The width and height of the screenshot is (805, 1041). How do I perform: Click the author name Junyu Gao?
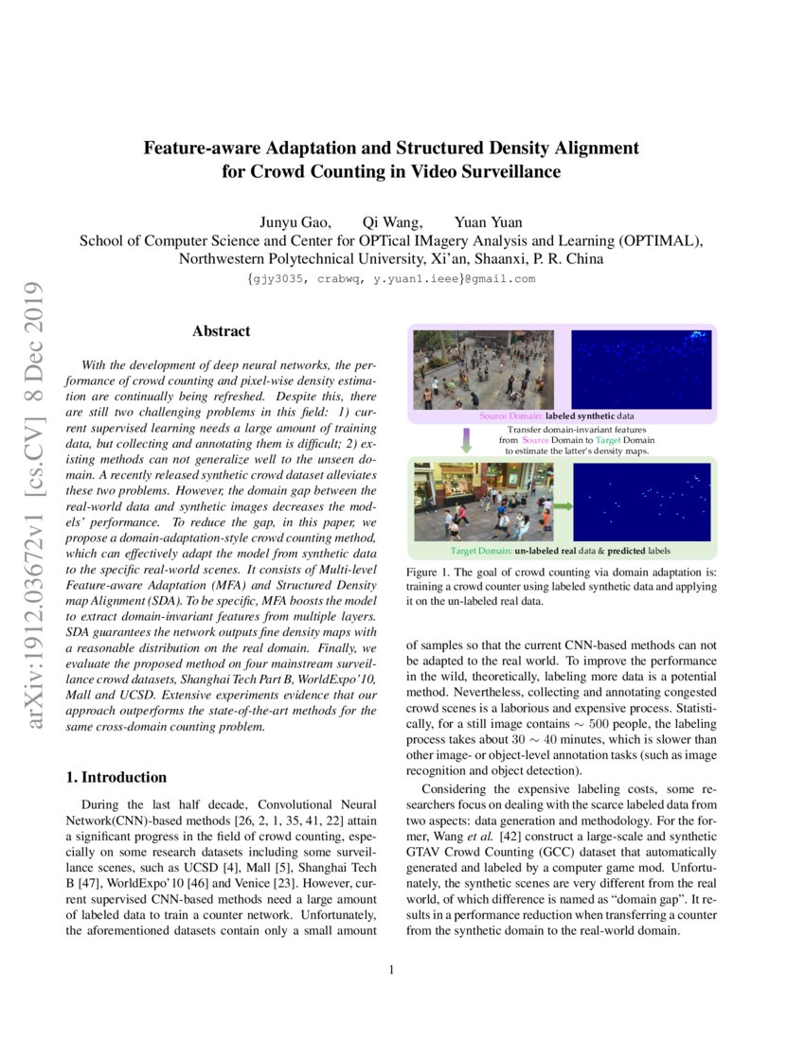click(295, 222)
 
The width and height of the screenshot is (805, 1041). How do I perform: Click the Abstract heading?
click(222, 331)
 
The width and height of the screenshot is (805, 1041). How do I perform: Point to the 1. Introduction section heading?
click(116, 777)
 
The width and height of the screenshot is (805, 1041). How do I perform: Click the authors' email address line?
click(390, 279)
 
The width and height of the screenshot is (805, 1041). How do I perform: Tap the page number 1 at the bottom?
click(391, 969)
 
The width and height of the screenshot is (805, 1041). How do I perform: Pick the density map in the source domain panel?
click(641, 369)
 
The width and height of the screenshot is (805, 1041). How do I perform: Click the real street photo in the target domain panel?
click(484, 503)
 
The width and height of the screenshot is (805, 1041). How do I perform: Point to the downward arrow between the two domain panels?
click(466, 440)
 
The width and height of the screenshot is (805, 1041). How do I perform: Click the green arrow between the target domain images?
click(563, 507)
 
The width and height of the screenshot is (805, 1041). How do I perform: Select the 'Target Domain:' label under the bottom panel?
click(481, 550)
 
